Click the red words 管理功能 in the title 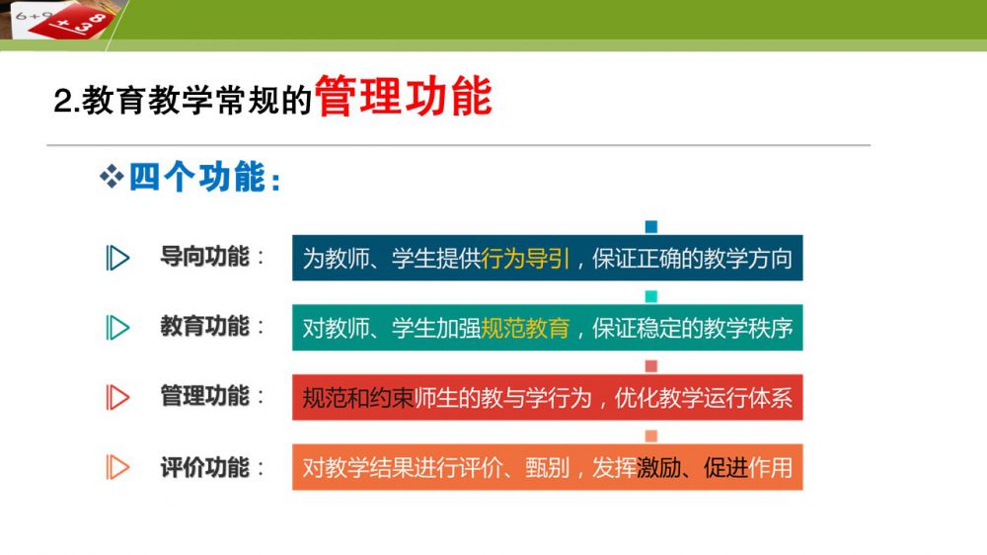(404, 97)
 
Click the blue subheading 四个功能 (197, 177)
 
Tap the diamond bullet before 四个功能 (112, 177)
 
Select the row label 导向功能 (204, 257)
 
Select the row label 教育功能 (204, 327)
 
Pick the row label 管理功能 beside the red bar (204, 397)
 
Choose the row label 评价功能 (204, 467)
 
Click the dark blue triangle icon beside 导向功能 (117, 258)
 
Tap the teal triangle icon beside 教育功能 (117, 328)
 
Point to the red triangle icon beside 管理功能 (117, 398)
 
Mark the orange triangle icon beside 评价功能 (117, 467)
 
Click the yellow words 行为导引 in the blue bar (525, 259)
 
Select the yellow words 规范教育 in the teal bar (525, 328)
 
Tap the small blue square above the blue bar (651, 227)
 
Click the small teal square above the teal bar (651, 296)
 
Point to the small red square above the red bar (651, 366)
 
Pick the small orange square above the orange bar (651, 436)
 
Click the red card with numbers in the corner (72, 21)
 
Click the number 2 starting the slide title (62, 101)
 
